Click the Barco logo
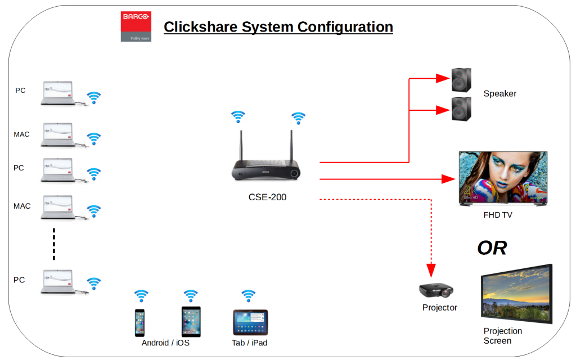tap(136, 26)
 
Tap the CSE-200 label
tap(267, 197)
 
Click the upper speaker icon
tap(462, 80)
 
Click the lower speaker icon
tap(462, 108)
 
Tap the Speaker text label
tap(499, 93)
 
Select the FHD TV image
tap(503, 178)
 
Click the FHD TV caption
tap(498, 215)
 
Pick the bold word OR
tap(492, 247)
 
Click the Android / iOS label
tap(165, 343)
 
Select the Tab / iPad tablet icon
tap(250, 322)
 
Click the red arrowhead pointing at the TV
tap(449, 179)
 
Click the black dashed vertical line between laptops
tap(54, 244)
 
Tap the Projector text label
tap(439, 308)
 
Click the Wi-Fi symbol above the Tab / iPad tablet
tap(248, 294)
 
